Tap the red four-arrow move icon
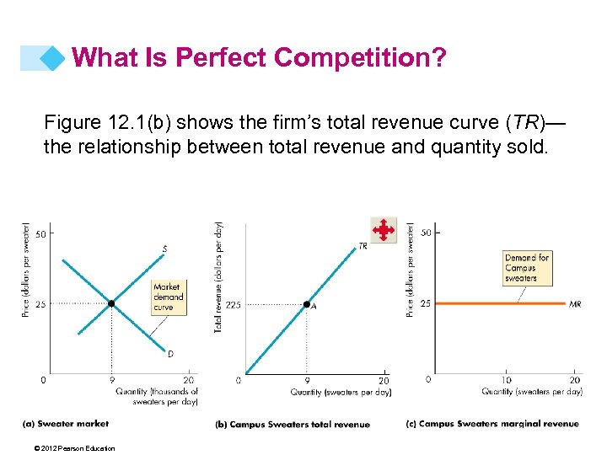click(384, 229)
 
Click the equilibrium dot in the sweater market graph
click(111, 303)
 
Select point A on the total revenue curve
click(307, 304)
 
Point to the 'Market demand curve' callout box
click(167, 297)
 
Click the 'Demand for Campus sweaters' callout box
click(527, 267)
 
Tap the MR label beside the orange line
click(575, 303)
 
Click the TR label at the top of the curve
click(363, 246)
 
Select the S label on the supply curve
click(164, 249)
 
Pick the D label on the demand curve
click(170, 355)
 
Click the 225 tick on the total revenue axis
click(233, 305)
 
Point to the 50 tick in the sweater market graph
click(40, 233)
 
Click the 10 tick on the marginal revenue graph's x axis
click(506, 381)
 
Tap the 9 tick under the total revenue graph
click(307, 381)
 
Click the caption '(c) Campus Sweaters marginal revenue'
click(492, 424)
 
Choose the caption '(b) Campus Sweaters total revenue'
click(293, 425)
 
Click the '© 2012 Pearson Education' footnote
click(71, 448)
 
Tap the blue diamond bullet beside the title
click(53, 58)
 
